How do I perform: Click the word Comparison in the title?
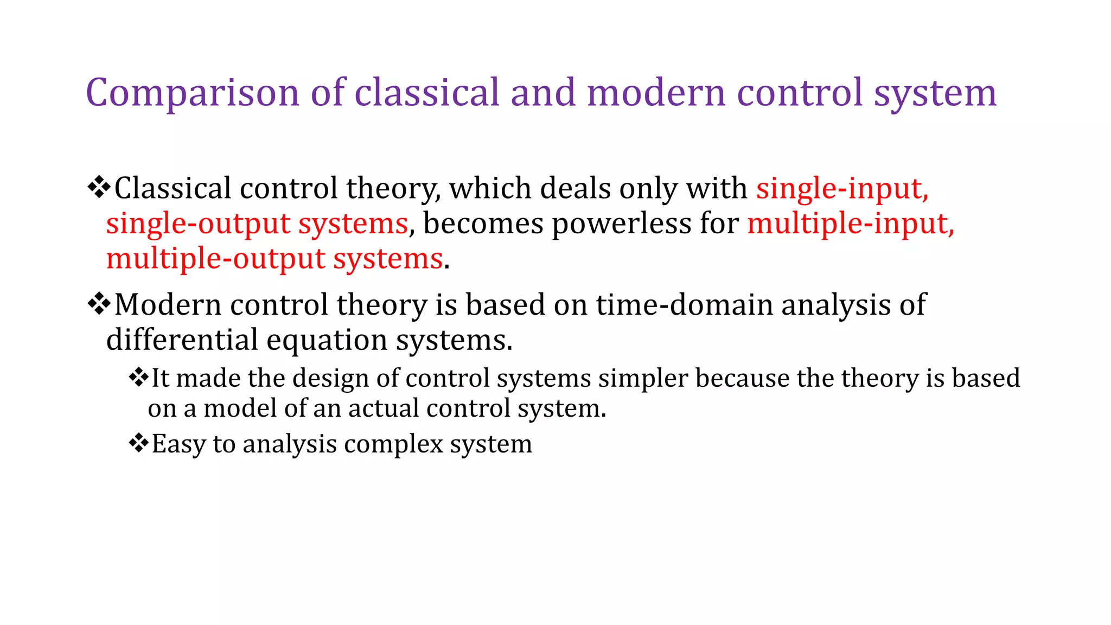(x=192, y=93)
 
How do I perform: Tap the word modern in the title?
(x=656, y=92)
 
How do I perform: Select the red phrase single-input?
(x=842, y=189)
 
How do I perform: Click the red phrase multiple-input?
(x=850, y=224)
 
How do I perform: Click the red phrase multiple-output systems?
(x=274, y=259)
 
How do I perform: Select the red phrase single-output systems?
(x=257, y=224)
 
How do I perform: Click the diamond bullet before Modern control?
(x=99, y=304)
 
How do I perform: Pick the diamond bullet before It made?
(x=139, y=377)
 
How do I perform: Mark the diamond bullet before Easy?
(x=139, y=443)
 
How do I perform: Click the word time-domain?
(x=684, y=305)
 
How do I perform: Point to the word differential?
(x=182, y=340)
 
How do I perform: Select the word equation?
(x=326, y=341)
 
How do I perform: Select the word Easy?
(x=178, y=444)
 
